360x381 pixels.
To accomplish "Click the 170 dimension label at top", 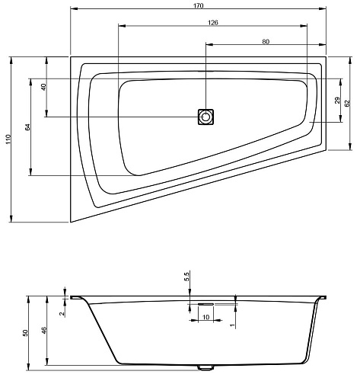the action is (199, 5).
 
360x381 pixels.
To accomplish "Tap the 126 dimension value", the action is (212, 23).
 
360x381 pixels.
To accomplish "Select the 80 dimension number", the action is (266, 41).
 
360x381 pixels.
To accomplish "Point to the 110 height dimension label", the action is (8, 139).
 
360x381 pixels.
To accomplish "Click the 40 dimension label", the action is (43, 87).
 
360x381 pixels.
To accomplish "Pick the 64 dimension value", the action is (27, 127).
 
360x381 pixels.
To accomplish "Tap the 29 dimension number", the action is (337, 101).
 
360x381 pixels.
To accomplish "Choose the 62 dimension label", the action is (347, 103).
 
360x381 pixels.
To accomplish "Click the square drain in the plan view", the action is (205, 117).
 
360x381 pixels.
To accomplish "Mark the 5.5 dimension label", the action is (186, 277).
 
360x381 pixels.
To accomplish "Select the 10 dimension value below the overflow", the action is (206, 317).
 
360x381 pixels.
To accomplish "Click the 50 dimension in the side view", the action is (25, 333).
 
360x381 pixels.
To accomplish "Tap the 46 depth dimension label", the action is (44, 331).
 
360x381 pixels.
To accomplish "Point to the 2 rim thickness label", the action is (62, 314).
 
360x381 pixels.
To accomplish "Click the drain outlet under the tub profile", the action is (205, 367).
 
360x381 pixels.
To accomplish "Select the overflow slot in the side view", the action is (205, 304).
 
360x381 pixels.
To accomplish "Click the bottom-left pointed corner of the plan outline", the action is (71, 223).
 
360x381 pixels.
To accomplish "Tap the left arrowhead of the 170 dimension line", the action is (74, 9).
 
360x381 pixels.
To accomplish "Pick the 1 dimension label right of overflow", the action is (232, 325).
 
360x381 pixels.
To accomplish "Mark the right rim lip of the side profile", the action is (322, 297).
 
